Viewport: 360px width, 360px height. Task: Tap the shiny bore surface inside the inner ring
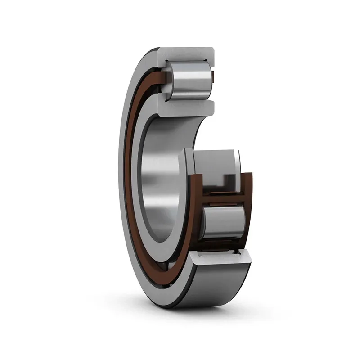pyautogui.click(x=153, y=180)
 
